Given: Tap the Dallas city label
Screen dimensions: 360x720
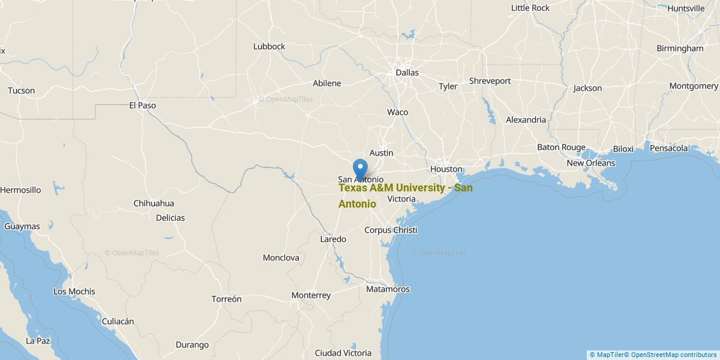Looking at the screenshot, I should (407, 73).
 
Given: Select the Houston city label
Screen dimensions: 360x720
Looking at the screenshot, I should (446, 169).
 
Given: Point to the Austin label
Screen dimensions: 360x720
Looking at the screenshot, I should (381, 153).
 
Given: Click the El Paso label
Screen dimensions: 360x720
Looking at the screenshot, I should (142, 105).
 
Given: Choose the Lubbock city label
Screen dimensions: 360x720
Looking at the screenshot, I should (269, 46).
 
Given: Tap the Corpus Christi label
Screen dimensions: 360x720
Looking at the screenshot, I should (391, 230).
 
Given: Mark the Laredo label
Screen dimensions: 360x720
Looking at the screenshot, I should (333, 239).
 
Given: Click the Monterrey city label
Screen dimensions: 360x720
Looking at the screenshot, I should (311, 295).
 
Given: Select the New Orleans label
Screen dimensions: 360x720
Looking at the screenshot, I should (590, 163).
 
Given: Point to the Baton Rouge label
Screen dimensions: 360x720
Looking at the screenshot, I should (560, 147).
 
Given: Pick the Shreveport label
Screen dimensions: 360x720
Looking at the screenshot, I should (490, 80).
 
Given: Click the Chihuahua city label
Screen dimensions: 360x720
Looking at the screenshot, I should (154, 203).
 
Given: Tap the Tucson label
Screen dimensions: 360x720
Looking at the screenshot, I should (21, 91).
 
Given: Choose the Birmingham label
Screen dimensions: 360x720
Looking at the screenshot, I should (680, 48).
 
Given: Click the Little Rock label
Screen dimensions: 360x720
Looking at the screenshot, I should (530, 8).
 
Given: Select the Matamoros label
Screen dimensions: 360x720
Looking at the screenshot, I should (388, 289).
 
